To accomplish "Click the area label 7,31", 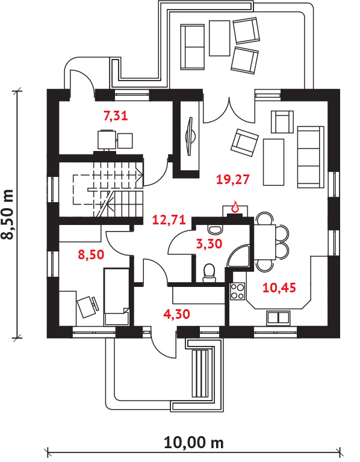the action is pos(116,115).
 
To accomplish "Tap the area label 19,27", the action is pos(232,179).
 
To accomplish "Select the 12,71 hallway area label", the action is pos(169,220).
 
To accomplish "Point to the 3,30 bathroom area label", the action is pos(209,244).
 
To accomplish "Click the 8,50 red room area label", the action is pos(91,254).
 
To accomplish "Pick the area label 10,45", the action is pos(279,288).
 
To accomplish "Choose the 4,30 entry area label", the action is pos(176,314).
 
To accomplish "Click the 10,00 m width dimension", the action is pos(194,443).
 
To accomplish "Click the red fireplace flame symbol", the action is pos(235,206).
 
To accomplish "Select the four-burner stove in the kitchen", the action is pos(237,291).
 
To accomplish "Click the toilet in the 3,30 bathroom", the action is pos(209,273).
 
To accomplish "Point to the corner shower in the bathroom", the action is pos(239,256).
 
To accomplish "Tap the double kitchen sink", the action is pos(278,318).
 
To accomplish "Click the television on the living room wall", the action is pos(190,136).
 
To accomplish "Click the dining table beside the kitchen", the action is pos(265,242).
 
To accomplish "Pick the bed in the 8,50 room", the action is pos(116,297).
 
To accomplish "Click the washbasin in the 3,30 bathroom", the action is pos(215,229).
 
